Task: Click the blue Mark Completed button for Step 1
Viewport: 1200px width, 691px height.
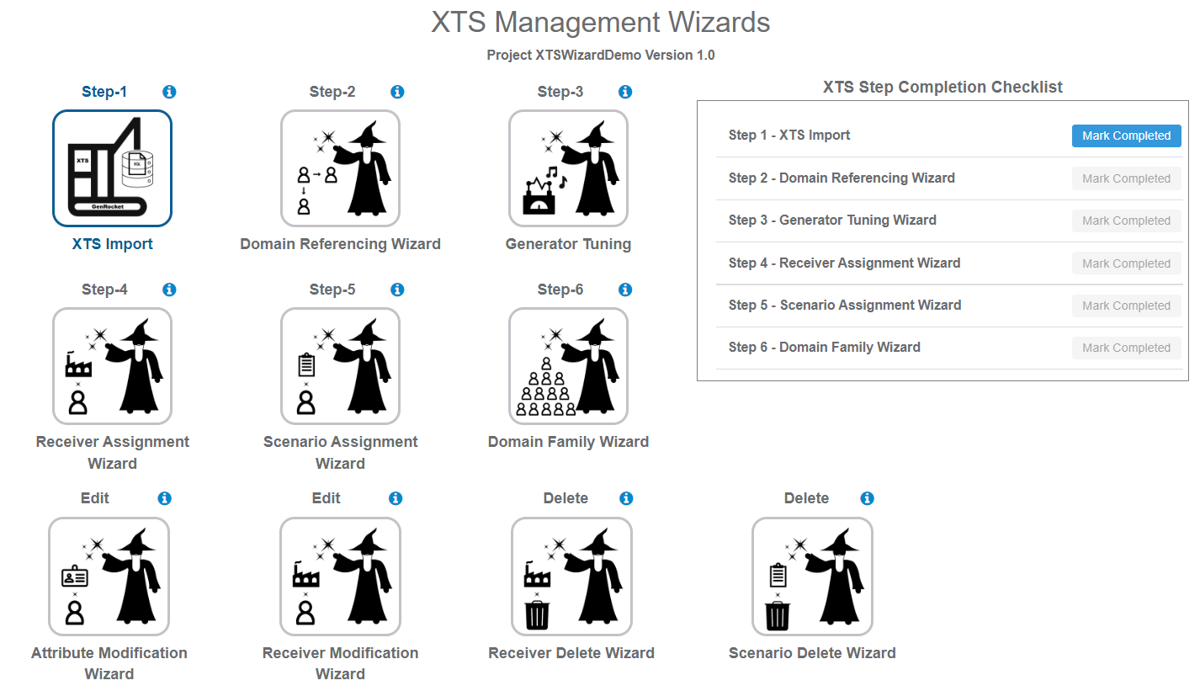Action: point(1126,136)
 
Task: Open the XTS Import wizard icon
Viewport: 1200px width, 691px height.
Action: point(113,168)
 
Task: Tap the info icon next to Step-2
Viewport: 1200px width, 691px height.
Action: point(397,92)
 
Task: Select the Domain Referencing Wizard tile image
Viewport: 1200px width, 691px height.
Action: point(340,168)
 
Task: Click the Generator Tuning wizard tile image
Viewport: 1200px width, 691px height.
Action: point(568,168)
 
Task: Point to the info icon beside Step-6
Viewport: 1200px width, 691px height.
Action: point(625,290)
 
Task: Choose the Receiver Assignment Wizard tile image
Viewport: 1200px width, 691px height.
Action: point(113,366)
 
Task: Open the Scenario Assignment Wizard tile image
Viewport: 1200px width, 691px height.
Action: point(340,366)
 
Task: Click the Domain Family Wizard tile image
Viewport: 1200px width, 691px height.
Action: point(568,366)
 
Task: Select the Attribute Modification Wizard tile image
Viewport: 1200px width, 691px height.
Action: point(109,577)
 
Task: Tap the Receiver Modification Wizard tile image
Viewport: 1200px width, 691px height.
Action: point(340,577)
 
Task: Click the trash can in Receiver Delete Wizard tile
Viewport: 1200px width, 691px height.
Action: point(536,614)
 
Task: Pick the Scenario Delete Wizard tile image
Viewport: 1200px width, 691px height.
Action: point(812,577)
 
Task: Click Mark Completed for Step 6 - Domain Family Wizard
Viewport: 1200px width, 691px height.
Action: point(1126,348)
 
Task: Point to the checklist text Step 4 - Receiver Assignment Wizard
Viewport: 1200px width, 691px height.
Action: point(844,263)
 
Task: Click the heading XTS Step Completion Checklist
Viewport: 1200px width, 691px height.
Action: point(942,87)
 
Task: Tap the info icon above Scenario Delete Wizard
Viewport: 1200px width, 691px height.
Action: point(868,498)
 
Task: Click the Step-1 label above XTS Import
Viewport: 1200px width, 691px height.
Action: point(104,92)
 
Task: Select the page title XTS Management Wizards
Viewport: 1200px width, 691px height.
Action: point(600,23)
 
